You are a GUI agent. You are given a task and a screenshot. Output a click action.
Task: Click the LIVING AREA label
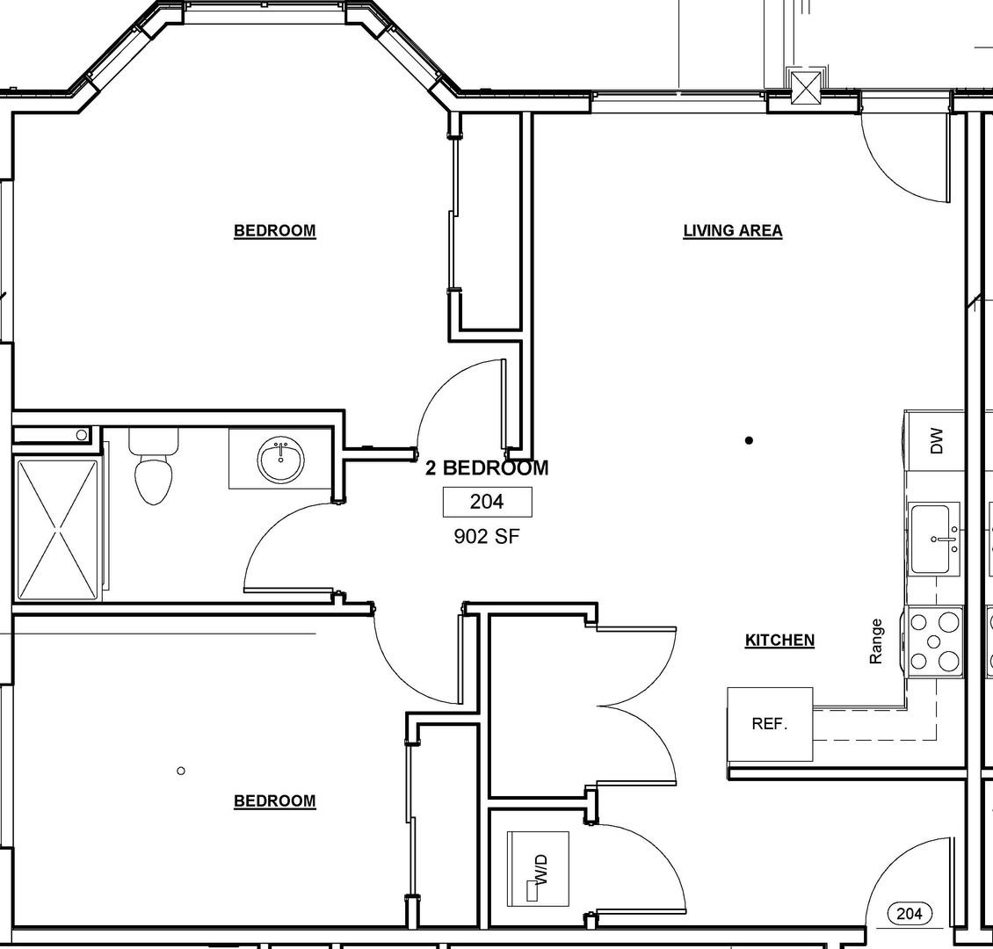(x=733, y=231)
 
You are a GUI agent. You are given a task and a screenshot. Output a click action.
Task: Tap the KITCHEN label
(x=779, y=640)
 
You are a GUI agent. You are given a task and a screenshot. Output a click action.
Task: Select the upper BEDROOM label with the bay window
(x=275, y=230)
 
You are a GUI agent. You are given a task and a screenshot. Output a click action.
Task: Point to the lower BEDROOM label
(x=275, y=800)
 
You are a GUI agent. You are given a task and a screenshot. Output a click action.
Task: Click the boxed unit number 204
(x=487, y=502)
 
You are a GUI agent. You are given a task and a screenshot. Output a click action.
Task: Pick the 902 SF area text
(x=487, y=537)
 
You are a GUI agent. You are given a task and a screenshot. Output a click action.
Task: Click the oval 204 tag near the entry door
(x=910, y=914)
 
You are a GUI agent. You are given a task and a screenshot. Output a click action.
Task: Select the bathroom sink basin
(x=281, y=460)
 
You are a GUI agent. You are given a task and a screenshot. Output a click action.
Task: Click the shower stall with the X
(x=59, y=529)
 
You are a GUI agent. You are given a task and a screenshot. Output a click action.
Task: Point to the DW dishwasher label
(x=938, y=441)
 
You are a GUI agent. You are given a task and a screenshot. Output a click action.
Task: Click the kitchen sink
(x=935, y=539)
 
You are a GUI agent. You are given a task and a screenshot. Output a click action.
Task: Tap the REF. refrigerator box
(x=770, y=724)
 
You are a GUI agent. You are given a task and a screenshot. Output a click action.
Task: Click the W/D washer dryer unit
(x=539, y=868)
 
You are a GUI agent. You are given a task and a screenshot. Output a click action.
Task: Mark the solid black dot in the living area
(x=750, y=440)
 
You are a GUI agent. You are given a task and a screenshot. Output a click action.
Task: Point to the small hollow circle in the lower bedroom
(x=180, y=771)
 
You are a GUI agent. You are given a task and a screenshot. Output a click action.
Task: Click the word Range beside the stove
(x=876, y=641)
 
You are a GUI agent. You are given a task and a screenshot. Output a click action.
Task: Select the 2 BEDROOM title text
(x=486, y=467)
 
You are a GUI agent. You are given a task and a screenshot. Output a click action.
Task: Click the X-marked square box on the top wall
(x=806, y=87)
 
